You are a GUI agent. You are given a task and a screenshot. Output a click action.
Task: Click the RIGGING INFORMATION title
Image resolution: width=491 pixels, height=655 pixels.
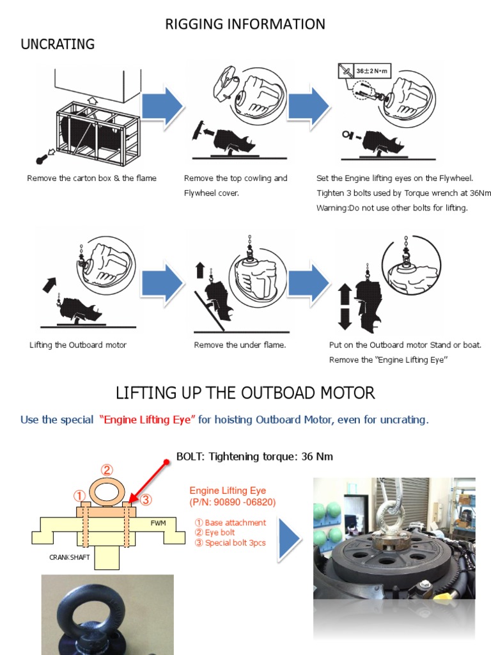click(245, 24)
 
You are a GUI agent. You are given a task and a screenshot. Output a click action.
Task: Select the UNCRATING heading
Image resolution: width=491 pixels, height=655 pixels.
click(58, 44)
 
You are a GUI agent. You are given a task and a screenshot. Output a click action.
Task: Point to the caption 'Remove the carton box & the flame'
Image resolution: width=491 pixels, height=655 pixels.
click(91, 178)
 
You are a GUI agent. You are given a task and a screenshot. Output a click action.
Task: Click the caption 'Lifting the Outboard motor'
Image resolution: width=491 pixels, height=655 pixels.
click(78, 345)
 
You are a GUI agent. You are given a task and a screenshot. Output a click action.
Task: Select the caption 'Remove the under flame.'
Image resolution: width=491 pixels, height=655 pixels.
click(240, 345)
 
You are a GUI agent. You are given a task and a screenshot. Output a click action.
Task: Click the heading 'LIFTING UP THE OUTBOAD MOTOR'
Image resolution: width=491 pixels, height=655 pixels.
click(245, 392)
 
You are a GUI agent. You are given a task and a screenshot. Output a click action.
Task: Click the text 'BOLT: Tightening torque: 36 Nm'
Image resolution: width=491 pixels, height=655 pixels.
click(254, 456)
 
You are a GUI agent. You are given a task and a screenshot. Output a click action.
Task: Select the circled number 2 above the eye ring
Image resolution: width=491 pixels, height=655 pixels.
click(107, 471)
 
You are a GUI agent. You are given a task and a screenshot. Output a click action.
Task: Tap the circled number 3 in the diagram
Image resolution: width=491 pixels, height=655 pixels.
click(146, 500)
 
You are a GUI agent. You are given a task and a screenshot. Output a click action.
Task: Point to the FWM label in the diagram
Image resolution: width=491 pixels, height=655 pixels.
click(158, 523)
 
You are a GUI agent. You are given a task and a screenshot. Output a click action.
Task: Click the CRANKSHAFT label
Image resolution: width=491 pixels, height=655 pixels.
click(70, 557)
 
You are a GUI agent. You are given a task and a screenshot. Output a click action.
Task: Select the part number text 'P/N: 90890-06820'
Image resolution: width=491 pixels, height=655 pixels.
click(233, 502)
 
